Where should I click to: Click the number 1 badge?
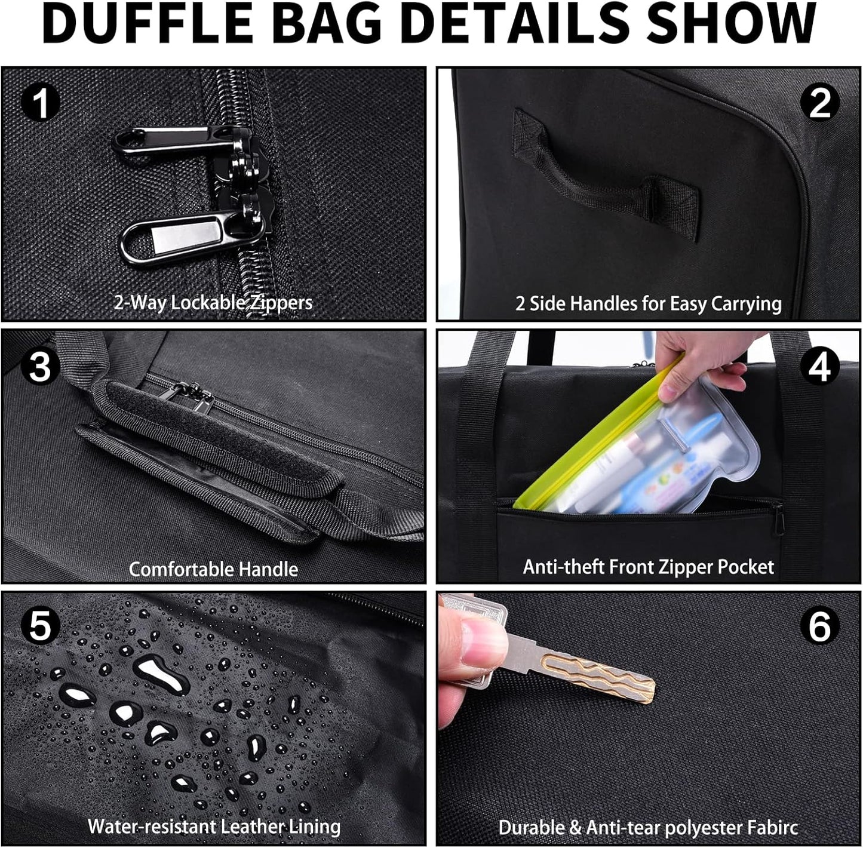click(41, 103)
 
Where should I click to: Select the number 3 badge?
click(40, 365)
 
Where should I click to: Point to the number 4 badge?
click(819, 365)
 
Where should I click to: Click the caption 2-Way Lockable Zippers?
click(213, 302)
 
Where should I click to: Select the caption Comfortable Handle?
click(213, 569)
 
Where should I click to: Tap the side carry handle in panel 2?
click(603, 173)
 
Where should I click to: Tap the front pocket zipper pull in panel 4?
click(779, 518)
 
